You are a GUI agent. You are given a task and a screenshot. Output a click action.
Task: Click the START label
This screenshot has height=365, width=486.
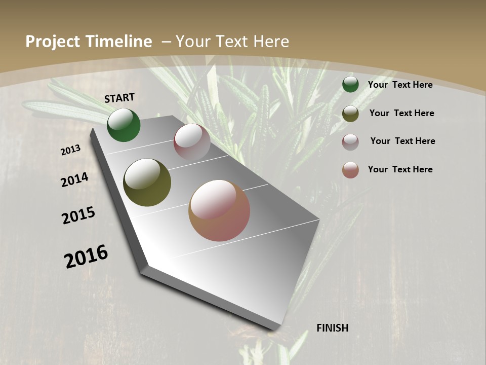(119, 98)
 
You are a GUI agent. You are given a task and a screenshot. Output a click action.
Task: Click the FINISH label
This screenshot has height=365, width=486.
(333, 328)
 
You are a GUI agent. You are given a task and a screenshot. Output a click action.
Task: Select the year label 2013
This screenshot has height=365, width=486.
(71, 150)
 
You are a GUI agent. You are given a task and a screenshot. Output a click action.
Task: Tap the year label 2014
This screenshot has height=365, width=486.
(75, 180)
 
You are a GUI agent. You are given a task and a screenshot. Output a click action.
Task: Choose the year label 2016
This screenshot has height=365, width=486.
(86, 257)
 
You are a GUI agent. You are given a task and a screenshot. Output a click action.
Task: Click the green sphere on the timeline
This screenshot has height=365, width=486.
(124, 125)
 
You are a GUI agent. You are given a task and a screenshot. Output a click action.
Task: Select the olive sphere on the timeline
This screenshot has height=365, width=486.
(147, 182)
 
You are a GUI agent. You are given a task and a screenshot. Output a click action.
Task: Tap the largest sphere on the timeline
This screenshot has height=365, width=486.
(219, 210)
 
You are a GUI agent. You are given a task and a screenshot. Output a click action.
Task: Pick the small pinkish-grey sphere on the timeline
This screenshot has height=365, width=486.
(192, 142)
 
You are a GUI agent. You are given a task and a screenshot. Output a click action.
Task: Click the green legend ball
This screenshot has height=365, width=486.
(350, 84)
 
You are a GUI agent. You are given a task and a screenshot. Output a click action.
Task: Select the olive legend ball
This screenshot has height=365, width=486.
(350, 114)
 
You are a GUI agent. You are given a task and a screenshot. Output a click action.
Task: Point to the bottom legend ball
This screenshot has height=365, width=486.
(350, 170)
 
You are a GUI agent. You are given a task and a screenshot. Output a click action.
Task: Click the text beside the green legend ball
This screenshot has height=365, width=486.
(400, 85)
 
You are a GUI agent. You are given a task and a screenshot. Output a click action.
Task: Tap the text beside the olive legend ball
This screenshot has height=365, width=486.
(401, 113)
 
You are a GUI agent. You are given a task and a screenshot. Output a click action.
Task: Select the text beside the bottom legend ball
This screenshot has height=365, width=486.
(400, 169)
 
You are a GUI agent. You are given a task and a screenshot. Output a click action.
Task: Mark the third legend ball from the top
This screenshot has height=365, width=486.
(350, 142)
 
